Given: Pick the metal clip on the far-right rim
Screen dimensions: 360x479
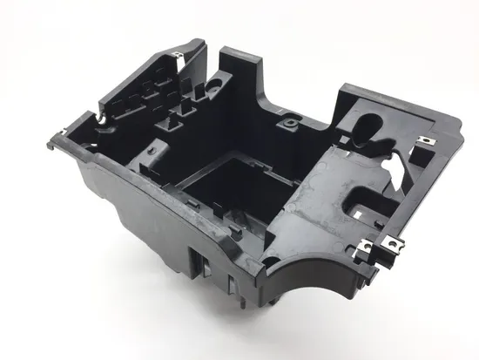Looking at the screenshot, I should click(429, 141).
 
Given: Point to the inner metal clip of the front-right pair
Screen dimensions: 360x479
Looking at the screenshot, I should click(372, 253).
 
